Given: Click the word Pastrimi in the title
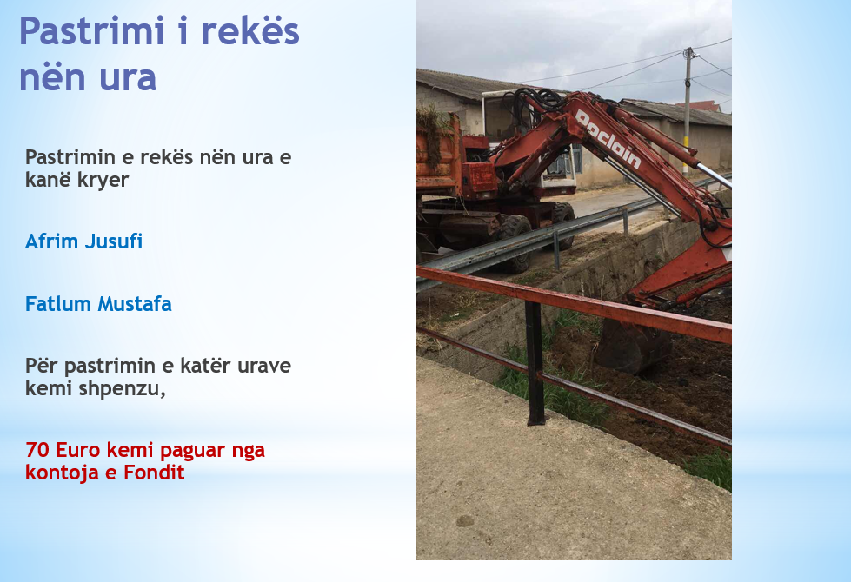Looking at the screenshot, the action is pos(91,31).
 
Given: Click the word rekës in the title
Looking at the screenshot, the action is pos(250,31).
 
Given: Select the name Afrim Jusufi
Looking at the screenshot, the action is pos(83,241).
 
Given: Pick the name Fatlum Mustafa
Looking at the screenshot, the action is pos(98,304).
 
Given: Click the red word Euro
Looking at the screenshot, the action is pos(78,450).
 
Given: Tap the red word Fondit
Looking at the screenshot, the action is pos(154,473).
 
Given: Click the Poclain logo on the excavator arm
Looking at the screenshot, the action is pos(608,139).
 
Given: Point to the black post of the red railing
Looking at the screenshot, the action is pos(535,363).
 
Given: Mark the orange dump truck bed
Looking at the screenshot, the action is pos(438,155).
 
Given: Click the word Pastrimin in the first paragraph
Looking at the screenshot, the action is pos(70,157).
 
